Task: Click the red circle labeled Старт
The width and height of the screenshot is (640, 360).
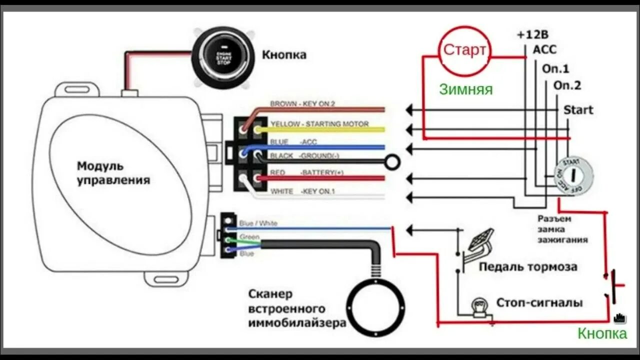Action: [464, 50]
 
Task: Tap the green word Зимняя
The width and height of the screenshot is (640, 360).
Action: [465, 89]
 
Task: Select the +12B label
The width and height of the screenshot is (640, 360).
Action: [532, 34]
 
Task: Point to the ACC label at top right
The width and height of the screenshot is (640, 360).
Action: [544, 49]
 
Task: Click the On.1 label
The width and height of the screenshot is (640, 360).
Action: [556, 69]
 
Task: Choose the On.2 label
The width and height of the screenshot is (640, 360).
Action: [567, 85]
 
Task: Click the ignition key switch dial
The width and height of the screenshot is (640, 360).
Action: [573, 176]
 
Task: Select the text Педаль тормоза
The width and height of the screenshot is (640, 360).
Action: [528, 267]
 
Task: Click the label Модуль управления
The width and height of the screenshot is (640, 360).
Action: [113, 173]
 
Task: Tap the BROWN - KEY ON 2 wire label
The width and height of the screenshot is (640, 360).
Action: [302, 104]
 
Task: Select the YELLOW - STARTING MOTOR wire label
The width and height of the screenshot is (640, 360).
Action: [319, 124]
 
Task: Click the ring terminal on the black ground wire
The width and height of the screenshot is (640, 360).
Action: [393, 161]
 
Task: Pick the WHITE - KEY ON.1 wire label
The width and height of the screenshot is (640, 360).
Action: [302, 191]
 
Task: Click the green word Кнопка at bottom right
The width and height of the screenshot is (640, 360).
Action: [602, 333]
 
